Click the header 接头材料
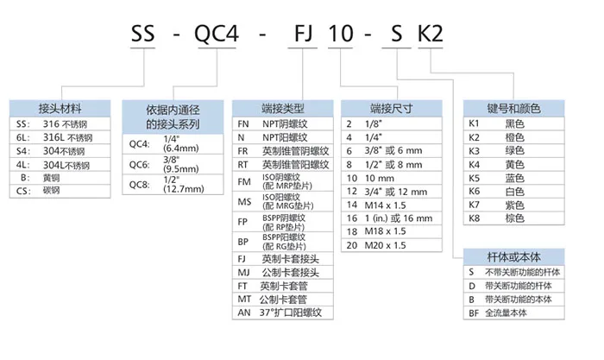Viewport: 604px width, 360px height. click(60, 109)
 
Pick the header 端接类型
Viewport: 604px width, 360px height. click(282, 109)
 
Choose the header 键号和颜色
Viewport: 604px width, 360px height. click(513, 109)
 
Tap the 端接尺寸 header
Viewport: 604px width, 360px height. click(392, 109)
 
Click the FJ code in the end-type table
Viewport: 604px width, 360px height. click(243, 257)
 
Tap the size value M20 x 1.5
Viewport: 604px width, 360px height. click(387, 244)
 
